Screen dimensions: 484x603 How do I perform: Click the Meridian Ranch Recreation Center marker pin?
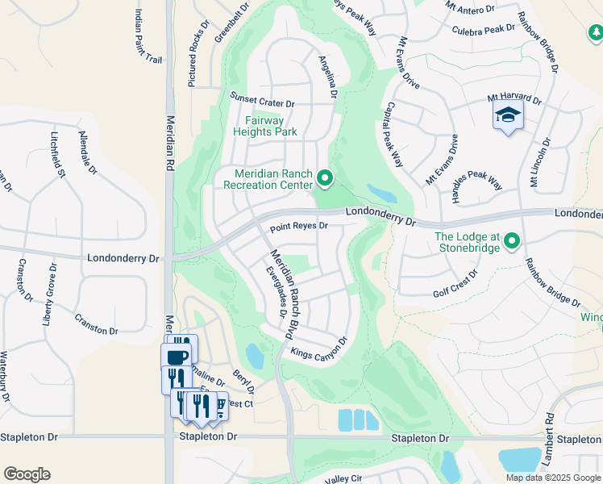pos(324,177)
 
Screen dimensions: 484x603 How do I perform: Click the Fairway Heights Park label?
pos(264,126)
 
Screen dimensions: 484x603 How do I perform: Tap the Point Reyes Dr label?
pos(299,227)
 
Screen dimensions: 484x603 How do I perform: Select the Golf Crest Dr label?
pos(455,277)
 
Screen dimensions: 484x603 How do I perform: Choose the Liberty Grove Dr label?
pos(50,294)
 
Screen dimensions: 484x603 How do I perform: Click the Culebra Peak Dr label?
pos(484,28)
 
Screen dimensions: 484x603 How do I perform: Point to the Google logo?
pos(27,474)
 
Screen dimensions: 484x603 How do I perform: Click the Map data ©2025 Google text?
pos(553,478)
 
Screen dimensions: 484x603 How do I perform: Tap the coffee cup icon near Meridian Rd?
pos(178,355)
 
